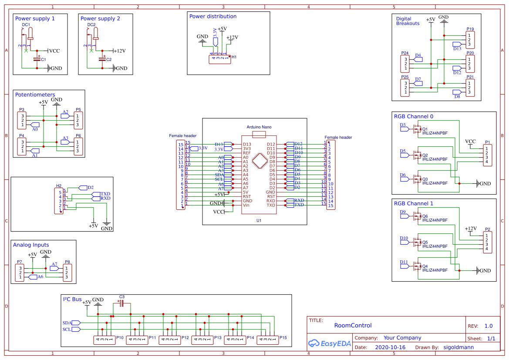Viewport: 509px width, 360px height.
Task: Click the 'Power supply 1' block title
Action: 35,19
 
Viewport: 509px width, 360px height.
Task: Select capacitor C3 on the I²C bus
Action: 121,303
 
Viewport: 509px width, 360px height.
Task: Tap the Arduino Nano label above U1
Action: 259,127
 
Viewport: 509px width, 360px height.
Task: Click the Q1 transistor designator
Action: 425,129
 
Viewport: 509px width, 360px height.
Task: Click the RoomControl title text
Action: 353,325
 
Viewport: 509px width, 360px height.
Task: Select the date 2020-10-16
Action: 390,347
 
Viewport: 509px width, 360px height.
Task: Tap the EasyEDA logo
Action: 329,343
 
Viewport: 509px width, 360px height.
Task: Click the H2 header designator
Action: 59,185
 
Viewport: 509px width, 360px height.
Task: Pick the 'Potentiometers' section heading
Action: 35,94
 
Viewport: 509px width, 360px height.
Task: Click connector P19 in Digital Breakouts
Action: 470,40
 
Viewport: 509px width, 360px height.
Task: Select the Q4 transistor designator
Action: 425,266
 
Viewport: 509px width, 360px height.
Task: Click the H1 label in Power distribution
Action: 234,57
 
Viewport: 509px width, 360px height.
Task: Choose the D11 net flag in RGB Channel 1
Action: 404,262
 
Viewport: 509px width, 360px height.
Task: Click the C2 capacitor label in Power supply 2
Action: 109,60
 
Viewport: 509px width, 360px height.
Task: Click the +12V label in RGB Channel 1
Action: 471,229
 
